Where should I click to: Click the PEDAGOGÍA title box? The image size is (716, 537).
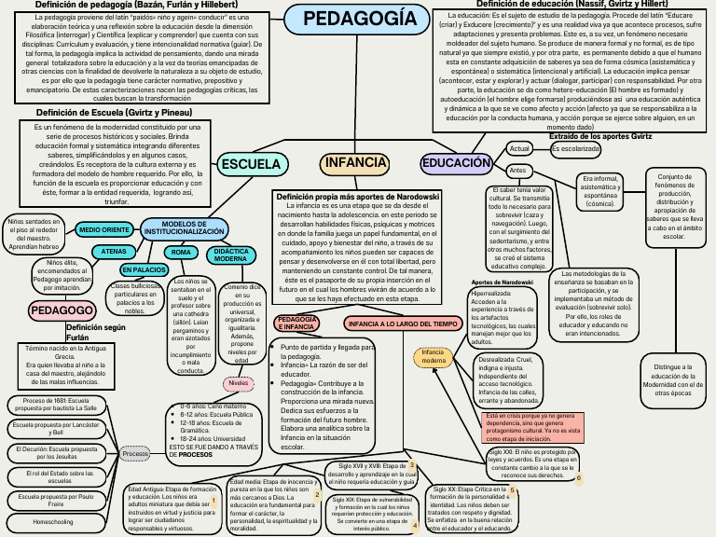click(347, 19)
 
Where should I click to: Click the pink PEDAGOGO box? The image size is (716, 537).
click(60, 310)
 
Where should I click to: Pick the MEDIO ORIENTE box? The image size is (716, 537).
click(103, 229)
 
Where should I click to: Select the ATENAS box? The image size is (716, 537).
click(114, 252)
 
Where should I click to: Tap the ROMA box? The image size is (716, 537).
click(183, 253)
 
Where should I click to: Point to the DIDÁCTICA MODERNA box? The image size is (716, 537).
click(230, 255)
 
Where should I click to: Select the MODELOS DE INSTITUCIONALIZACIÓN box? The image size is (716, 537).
click(184, 228)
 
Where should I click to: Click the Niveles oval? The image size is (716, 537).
click(240, 383)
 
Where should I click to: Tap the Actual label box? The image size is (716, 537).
click(520, 149)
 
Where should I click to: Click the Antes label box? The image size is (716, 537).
click(516, 172)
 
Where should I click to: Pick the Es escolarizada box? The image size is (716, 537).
click(575, 148)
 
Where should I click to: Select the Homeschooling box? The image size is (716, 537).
click(53, 522)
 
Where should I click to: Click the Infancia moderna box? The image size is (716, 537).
click(434, 356)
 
